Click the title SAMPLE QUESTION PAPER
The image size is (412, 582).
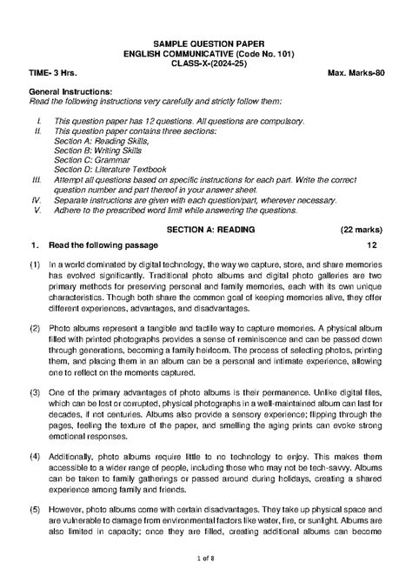coord(205,43)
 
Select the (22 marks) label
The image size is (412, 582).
coord(356,230)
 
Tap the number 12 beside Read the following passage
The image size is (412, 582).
coord(372,246)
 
